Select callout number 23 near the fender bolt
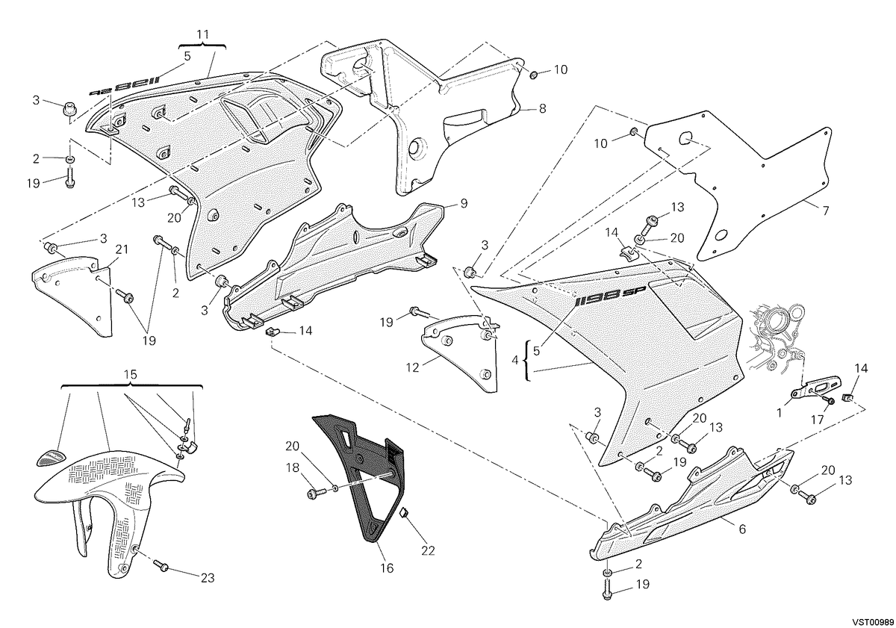208,578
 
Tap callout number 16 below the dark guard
388,568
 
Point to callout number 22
428,551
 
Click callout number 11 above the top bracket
203,34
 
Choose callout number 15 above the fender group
131,375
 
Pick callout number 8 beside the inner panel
542,108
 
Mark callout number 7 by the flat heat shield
826,210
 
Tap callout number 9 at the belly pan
464,204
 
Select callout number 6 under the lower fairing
742,529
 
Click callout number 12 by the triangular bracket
412,367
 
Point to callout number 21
122,249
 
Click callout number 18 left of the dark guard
293,467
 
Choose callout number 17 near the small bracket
818,419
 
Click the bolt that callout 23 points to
162,566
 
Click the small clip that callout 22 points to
405,512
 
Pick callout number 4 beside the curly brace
514,360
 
